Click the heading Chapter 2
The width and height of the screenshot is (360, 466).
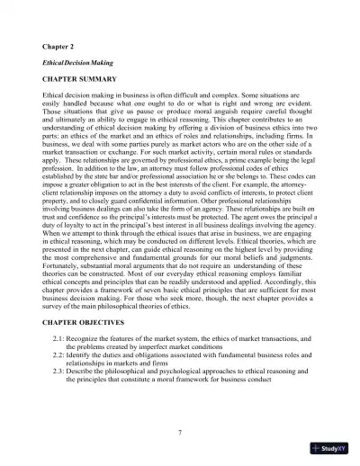59,45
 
